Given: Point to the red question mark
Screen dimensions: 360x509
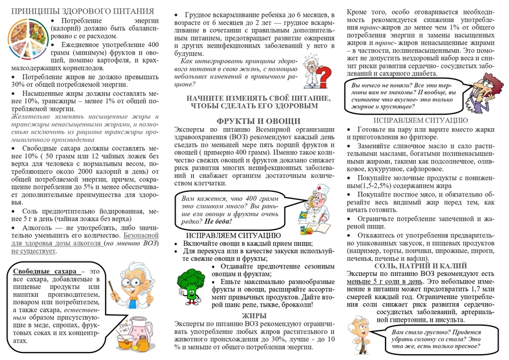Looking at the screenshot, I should [326, 75].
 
